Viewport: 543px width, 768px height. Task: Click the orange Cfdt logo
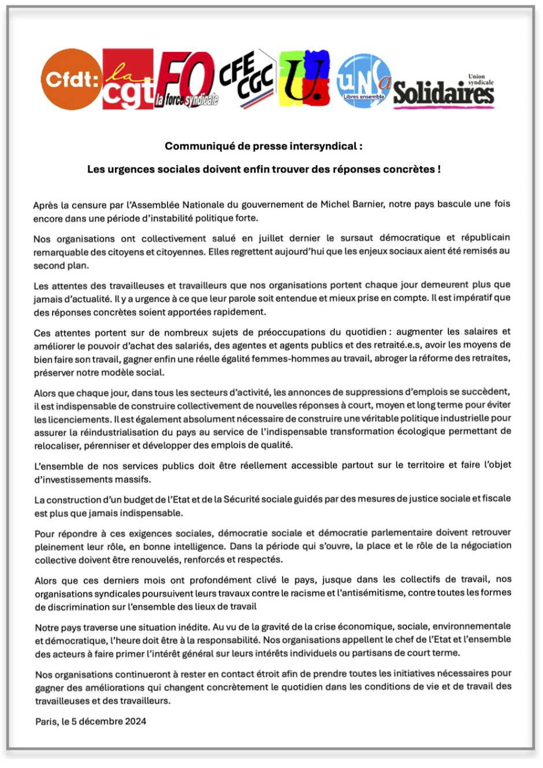click(x=70, y=79)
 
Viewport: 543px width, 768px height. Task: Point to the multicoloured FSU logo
click(x=304, y=78)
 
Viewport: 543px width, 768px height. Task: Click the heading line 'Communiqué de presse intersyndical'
click(x=263, y=146)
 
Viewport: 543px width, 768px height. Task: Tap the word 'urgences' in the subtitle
click(x=129, y=169)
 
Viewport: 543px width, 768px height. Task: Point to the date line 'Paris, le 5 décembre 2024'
click(x=91, y=721)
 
